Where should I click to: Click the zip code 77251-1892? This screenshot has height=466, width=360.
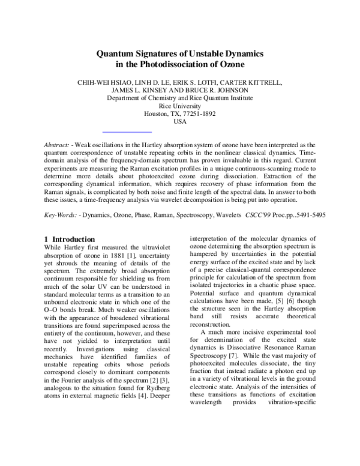(x=197, y=113)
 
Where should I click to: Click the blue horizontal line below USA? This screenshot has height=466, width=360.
(x=127, y=130)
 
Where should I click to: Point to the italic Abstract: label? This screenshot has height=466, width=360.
(x=58, y=145)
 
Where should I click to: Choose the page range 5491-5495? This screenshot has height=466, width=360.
(x=307, y=214)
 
